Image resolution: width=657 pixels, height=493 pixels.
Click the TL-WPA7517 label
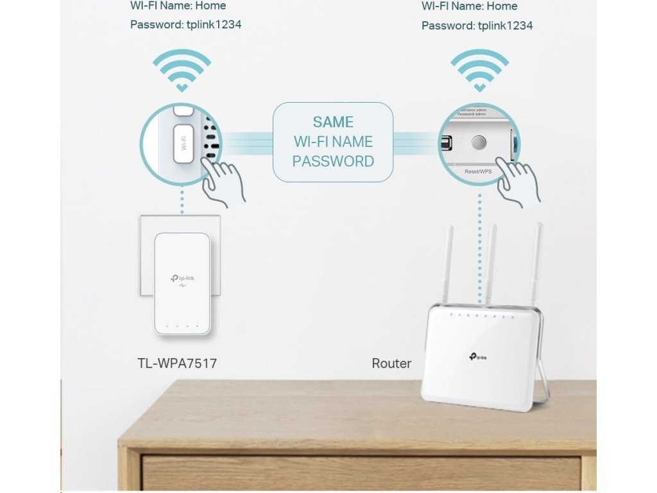pyautogui.click(x=177, y=363)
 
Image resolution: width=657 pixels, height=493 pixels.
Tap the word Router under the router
pyautogui.click(x=391, y=363)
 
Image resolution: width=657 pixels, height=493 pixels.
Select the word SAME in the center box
pyautogui.click(x=333, y=122)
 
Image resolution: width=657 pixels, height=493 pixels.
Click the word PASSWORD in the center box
pyautogui.click(x=333, y=161)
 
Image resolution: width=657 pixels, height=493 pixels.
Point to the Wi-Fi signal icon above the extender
pyautogui.click(x=182, y=70)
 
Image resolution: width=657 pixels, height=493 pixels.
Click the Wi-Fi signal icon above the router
pyautogui.click(x=479, y=70)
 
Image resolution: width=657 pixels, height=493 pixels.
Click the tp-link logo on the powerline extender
pyautogui.click(x=182, y=278)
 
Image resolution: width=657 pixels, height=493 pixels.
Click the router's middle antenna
pyautogui.click(x=491, y=263)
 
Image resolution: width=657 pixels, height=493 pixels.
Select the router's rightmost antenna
pyautogui.click(x=536, y=263)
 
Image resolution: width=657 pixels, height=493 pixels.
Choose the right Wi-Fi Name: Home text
pyautogui.click(x=470, y=6)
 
